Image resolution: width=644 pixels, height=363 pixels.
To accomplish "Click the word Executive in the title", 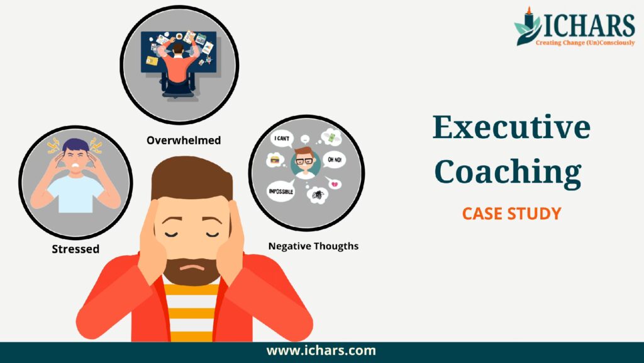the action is tap(512, 127).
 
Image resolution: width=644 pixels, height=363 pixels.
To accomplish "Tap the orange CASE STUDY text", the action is tap(512, 214).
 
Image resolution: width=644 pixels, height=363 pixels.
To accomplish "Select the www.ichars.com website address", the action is tap(321, 350).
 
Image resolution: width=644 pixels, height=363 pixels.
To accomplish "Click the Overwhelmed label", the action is tap(184, 141).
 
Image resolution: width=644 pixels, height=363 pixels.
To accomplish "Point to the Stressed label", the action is tap(75, 249).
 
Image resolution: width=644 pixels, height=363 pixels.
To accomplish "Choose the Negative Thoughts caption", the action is tap(313, 246).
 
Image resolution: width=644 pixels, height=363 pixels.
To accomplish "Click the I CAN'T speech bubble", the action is tap(282, 139).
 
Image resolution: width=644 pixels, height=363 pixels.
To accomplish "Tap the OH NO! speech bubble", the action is tap(335, 159).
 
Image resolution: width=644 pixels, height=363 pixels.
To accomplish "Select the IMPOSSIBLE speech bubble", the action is tap(281, 192).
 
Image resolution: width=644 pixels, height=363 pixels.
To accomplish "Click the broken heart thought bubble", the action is tap(334, 183).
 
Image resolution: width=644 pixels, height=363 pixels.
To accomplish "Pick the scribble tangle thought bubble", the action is tap(318, 195).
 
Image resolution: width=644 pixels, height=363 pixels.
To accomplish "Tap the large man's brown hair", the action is tap(192, 178).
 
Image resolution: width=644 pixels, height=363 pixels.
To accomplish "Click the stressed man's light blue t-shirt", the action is tap(75, 193).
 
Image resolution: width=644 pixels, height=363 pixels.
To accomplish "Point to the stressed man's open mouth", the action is tap(75, 166).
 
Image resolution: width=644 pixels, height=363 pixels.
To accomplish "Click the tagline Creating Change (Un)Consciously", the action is tap(586, 43).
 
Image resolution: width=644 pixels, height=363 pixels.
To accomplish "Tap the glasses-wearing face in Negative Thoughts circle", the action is tap(305, 162).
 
